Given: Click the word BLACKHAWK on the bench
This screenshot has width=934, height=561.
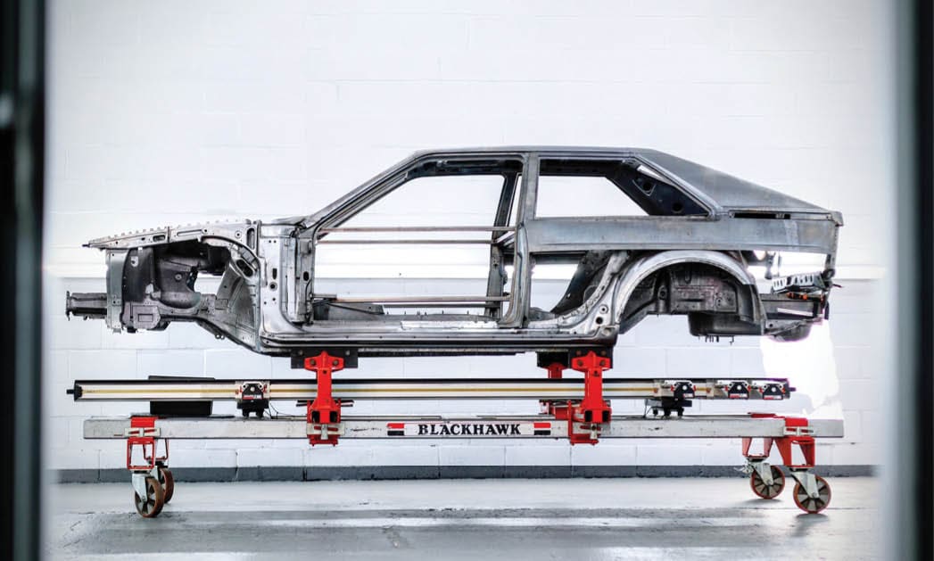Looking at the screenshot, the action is coord(469,429).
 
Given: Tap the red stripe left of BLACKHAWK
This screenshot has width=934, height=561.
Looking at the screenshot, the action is coord(396,429).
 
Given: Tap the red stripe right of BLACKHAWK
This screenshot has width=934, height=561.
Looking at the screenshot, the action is coord(542,429).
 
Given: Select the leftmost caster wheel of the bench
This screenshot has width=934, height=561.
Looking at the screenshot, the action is coord(149,497).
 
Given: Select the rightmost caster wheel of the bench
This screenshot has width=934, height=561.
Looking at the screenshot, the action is coord(811,494).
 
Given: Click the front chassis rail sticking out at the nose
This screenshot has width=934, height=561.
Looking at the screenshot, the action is coord(86,305).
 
